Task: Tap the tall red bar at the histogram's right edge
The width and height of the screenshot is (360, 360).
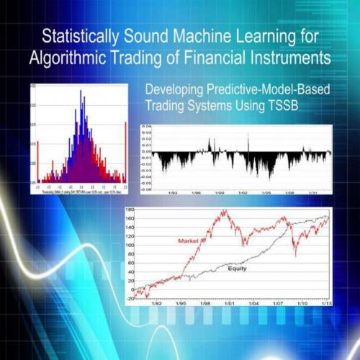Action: [127, 148]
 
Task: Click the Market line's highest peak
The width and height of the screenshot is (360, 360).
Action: [225, 211]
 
